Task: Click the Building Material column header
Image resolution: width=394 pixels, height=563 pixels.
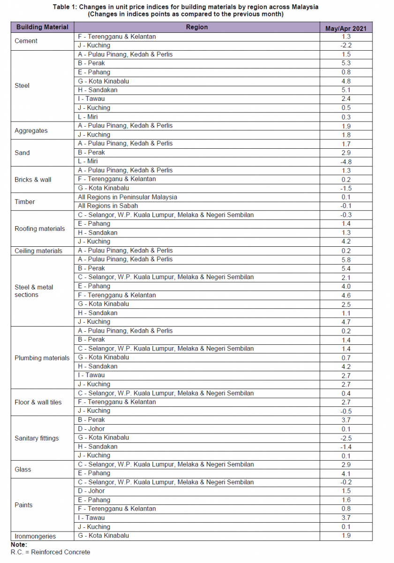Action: (x=42, y=27)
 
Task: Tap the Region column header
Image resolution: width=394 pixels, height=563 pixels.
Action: (x=197, y=27)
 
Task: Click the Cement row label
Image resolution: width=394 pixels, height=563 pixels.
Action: (x=26, y=41)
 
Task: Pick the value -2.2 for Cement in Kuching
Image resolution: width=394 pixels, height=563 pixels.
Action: (x=346, y=46)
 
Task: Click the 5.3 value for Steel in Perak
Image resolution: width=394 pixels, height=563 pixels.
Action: (x=346, y=63)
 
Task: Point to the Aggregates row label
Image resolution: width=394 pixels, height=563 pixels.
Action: (x=31, y=130)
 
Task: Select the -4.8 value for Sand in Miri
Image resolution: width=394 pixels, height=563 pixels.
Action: (x=346, y=161)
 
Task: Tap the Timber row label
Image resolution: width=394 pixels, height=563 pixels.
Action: (x=25, y=202)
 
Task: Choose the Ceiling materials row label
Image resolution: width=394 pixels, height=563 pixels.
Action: (x=38, y=251)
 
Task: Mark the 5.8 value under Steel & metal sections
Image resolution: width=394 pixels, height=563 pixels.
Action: (x=346, y=259)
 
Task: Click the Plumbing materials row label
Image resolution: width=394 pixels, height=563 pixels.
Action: (x=42, y=358)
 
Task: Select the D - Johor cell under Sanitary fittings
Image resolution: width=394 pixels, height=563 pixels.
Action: (x=91, y=429)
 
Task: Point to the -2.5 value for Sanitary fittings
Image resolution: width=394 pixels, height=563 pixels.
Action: (x=346, y=438)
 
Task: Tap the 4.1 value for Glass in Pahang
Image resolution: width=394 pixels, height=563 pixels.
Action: (x=346, y=473)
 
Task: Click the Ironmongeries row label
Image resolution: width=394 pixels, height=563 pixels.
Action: (x=35, y=536)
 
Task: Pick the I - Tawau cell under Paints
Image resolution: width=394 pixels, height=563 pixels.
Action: (x=91, y=518)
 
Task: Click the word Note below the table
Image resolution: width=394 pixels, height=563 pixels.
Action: (x=19, y=545)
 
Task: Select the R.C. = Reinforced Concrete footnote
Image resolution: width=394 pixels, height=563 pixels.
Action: (x=50, y=552)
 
